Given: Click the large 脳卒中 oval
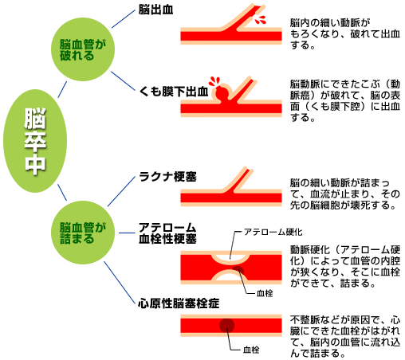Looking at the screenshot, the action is [35, 141].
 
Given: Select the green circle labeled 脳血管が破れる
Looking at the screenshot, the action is [83, 49].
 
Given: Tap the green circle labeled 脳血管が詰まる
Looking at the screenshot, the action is [83, 233].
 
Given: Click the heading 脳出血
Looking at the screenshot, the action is [155, 10].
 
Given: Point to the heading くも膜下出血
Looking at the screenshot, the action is [174, 92].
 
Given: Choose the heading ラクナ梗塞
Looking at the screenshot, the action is [167, 177].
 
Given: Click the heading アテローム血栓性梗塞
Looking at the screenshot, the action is [167, 233].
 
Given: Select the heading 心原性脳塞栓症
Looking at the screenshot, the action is [179, 303].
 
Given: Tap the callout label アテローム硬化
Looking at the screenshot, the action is [273, 232].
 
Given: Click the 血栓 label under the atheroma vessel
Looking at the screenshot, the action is [265, 293].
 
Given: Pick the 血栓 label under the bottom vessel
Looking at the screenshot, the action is [251, 350].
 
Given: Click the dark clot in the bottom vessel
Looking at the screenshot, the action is [226, 326].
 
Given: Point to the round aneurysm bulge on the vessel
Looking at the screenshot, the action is [222, 93].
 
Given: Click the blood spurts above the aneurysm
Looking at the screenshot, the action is [214, 81].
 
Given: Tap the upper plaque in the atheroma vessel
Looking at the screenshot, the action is [230, 257].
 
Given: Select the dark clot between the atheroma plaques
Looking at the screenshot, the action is [238, 270].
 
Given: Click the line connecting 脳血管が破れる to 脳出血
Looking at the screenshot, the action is [124, 19].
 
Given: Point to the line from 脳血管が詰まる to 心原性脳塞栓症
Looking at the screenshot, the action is [120, 283].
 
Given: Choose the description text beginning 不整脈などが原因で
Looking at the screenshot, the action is [345, 336].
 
